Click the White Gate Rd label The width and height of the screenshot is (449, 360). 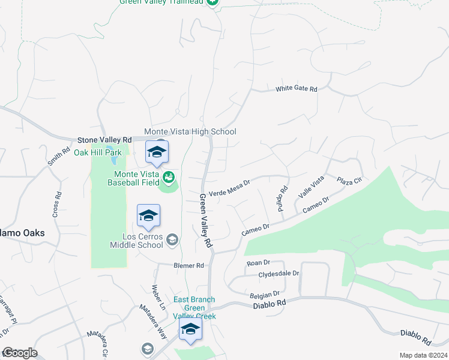[296, 88]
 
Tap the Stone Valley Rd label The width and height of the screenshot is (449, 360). [104, 139]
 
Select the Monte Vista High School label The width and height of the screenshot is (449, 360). [190, 131]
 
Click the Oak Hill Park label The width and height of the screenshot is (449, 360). [97, 152]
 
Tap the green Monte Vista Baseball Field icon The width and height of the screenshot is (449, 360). [169, 178]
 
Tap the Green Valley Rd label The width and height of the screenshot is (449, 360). [206, 221]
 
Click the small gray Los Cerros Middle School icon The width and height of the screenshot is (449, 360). [172, 240]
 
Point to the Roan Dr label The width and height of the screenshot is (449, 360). [259, 263]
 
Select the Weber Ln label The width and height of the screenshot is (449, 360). [158, 296]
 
